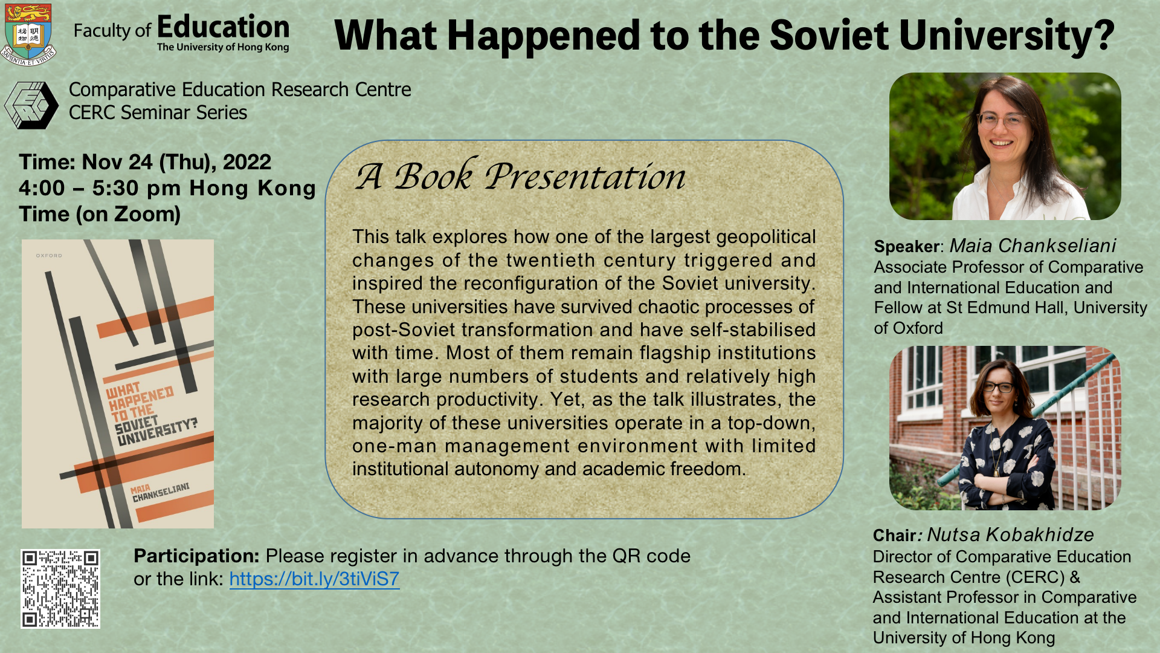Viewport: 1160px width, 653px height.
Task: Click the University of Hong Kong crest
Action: tap(28, 34)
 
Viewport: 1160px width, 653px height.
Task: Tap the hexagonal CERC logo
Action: tap(31, 105)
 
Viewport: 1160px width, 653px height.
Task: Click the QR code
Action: tap(60, 589)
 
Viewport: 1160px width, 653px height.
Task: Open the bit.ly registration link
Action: tap(314, 579)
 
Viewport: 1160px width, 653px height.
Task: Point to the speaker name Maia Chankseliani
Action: tap(1033, 245)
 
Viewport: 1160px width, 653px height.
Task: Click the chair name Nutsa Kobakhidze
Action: tap(1010, 534)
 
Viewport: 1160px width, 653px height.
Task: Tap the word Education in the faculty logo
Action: tap(223, 27)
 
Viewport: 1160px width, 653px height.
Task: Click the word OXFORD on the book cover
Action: tap(49, 256)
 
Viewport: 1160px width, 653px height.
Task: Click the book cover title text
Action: tap(151, 414)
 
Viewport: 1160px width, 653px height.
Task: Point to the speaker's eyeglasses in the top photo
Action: tap(1002, 120)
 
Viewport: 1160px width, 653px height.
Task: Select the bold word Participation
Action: tap(196, 556)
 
